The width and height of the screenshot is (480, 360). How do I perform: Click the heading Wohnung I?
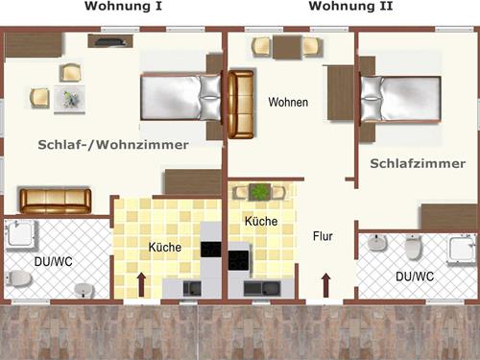pyautogui.click(x=124, y=7)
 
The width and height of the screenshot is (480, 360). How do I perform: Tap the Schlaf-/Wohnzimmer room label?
pyautogui.click(x=113, y=145)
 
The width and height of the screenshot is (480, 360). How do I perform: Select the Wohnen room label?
pyautogui.click(x=287, y=102)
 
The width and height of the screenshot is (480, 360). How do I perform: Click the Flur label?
pyautogui.click(x=323, y=235)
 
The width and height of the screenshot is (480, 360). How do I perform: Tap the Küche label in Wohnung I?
pyautogui.click(x=164, y=248)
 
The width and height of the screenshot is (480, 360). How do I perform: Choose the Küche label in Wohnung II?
pyautogui.click(x=261, y=222)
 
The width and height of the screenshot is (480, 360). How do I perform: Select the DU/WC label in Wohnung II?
pyautogui.click(x=414, y=276)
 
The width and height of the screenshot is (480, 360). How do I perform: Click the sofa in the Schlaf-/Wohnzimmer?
pyautogui.click(x=56, y=201)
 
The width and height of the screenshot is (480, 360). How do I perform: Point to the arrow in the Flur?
pyautogui.click(x=324, y=284)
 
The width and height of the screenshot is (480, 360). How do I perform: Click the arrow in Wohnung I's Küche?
pyautogui.click(x=143, y=284)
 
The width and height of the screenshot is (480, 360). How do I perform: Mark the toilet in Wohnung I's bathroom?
pyautogui.click(x=18, y=278)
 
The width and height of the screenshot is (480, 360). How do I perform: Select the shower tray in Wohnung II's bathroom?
pyautogui.click(x=461, y=250)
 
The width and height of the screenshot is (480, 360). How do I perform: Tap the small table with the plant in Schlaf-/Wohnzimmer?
pyautogui.click(x=69, y=97)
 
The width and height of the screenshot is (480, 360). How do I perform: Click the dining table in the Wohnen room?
pyautogui.click(x=286, y=47)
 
